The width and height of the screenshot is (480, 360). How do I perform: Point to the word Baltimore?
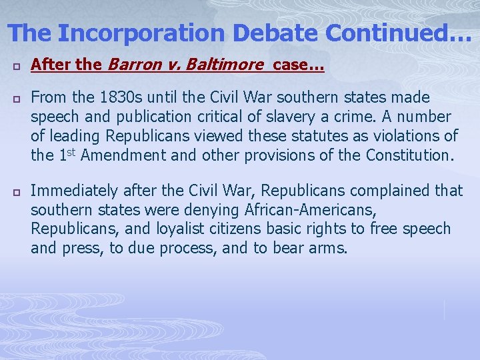(x=219, y=65)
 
